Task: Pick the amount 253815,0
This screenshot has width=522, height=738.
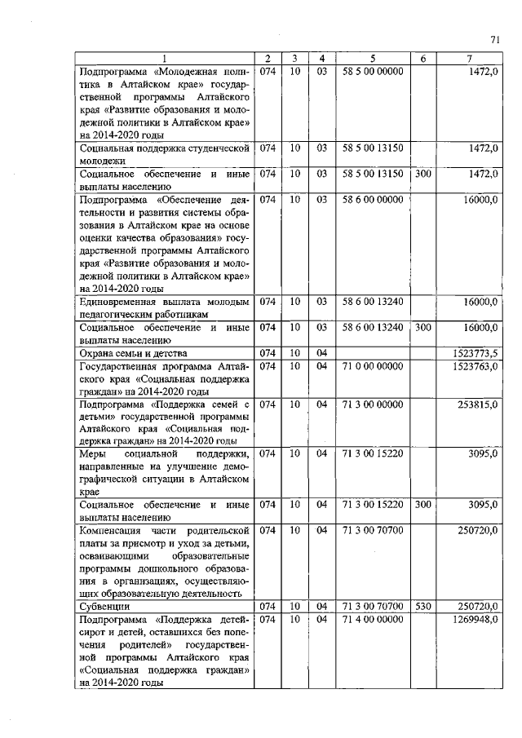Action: [479, 404]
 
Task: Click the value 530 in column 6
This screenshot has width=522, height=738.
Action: [422, 607]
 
